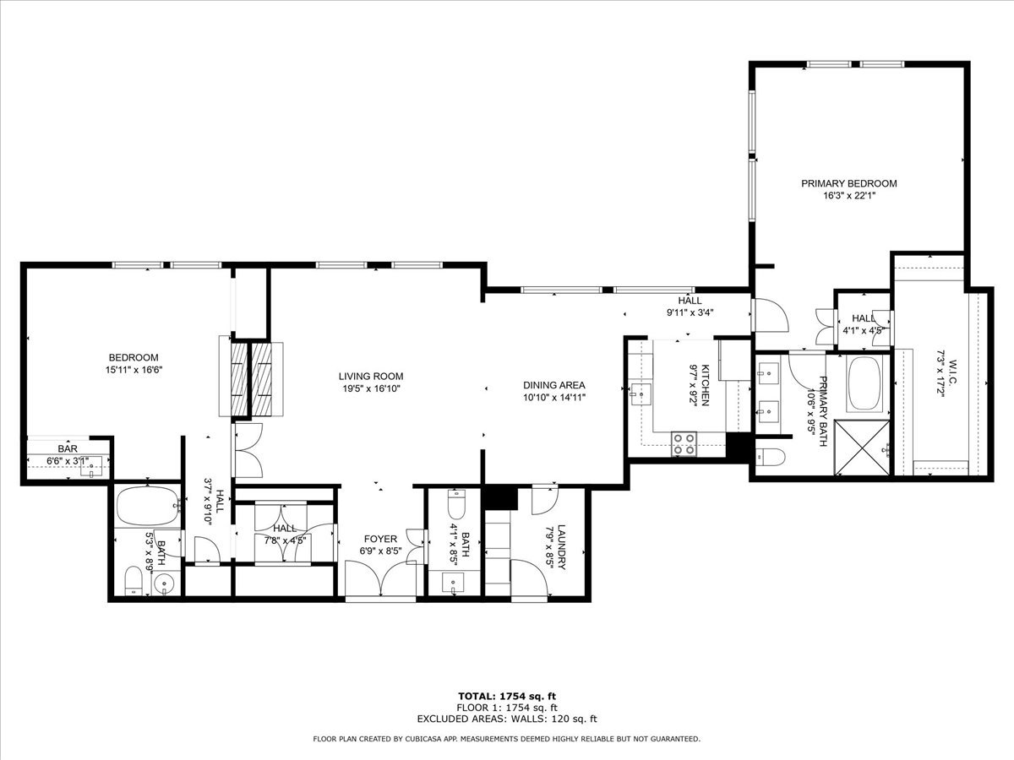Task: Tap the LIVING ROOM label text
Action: pos(371,377)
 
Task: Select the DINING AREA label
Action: pos(554,385)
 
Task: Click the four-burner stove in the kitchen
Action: pos(684,443)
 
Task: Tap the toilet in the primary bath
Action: pos(771,458)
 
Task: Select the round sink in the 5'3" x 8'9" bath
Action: pos(166,584)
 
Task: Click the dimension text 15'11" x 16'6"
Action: pos(133,370)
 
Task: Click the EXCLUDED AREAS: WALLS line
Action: pos(506,719)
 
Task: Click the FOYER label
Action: pos(380,539)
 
